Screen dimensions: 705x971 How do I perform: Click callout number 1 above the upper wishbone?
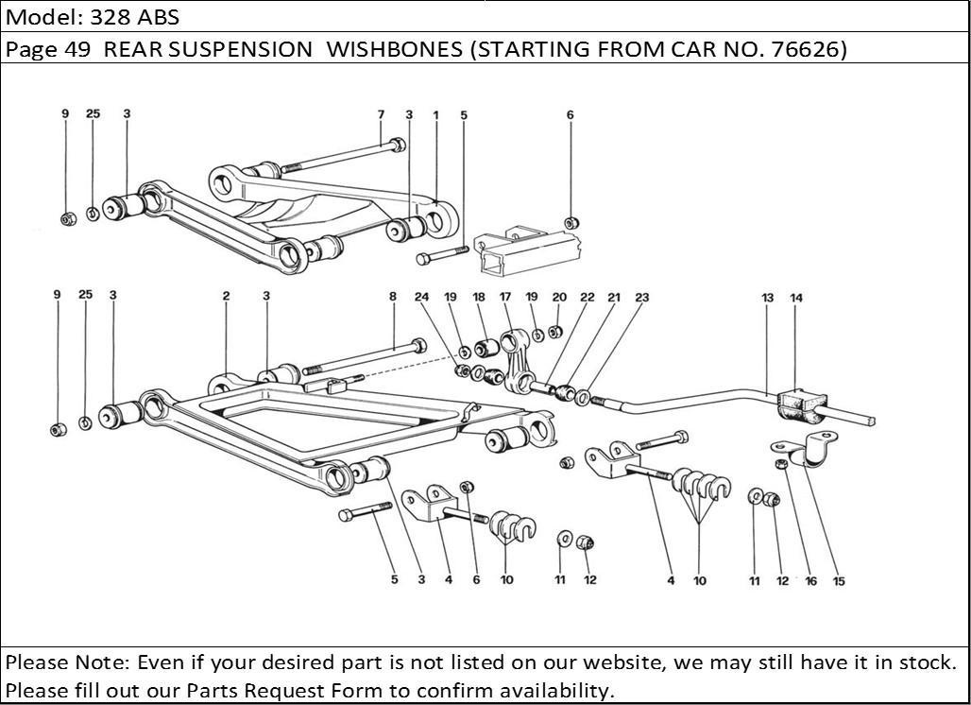pos(436,114)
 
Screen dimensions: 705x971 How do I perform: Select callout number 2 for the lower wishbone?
pos(227,296)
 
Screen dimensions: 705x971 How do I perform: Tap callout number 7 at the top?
pos(381,114)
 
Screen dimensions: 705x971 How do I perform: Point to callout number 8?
pos(393,296)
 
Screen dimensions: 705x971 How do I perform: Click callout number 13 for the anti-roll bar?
pos(768,298)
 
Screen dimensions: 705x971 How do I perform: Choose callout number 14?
pos(796,298)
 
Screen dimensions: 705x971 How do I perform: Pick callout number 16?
pos(810,581)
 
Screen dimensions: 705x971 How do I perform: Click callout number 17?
pos(505,297)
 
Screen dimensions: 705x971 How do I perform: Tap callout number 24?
pos(421,297)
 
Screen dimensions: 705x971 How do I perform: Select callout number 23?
pos(642,297)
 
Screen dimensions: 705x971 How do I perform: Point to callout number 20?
pos(559,297)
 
